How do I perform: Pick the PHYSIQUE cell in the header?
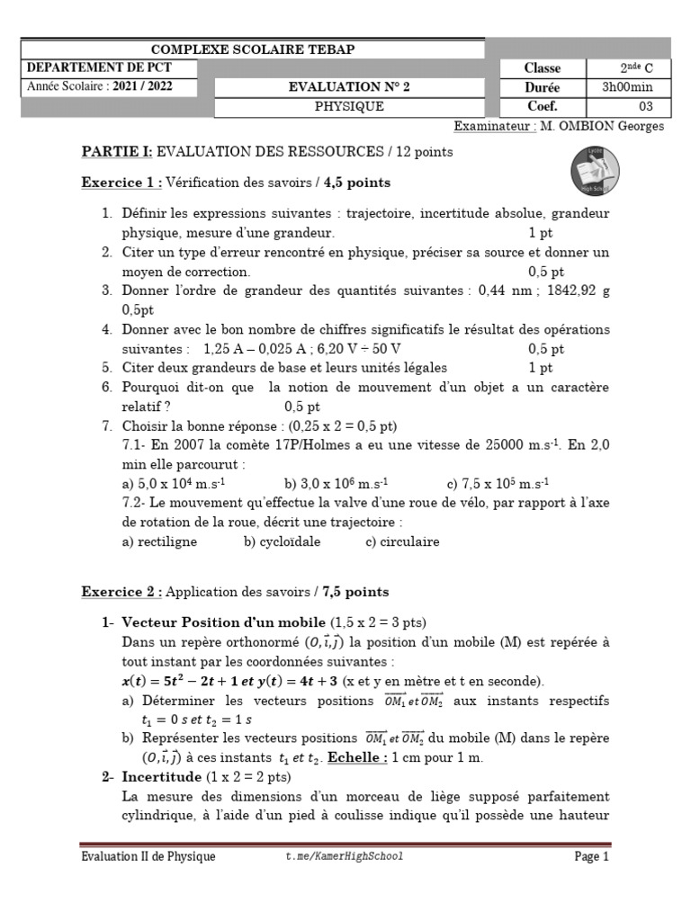tap(348, 106)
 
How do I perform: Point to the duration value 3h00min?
tap(627, 87)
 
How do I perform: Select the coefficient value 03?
tap(627, 106)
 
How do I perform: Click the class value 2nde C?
tap(627, 68)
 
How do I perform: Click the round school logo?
tap(594, 172)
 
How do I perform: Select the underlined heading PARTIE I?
tap(117, 152)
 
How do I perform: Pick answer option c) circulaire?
tap(402, 542)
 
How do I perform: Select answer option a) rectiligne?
tap(159, 542)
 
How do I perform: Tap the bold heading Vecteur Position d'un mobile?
tap(223, 622)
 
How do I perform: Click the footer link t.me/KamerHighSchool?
tap(344, 857)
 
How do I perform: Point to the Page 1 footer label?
tap(591, 857)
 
